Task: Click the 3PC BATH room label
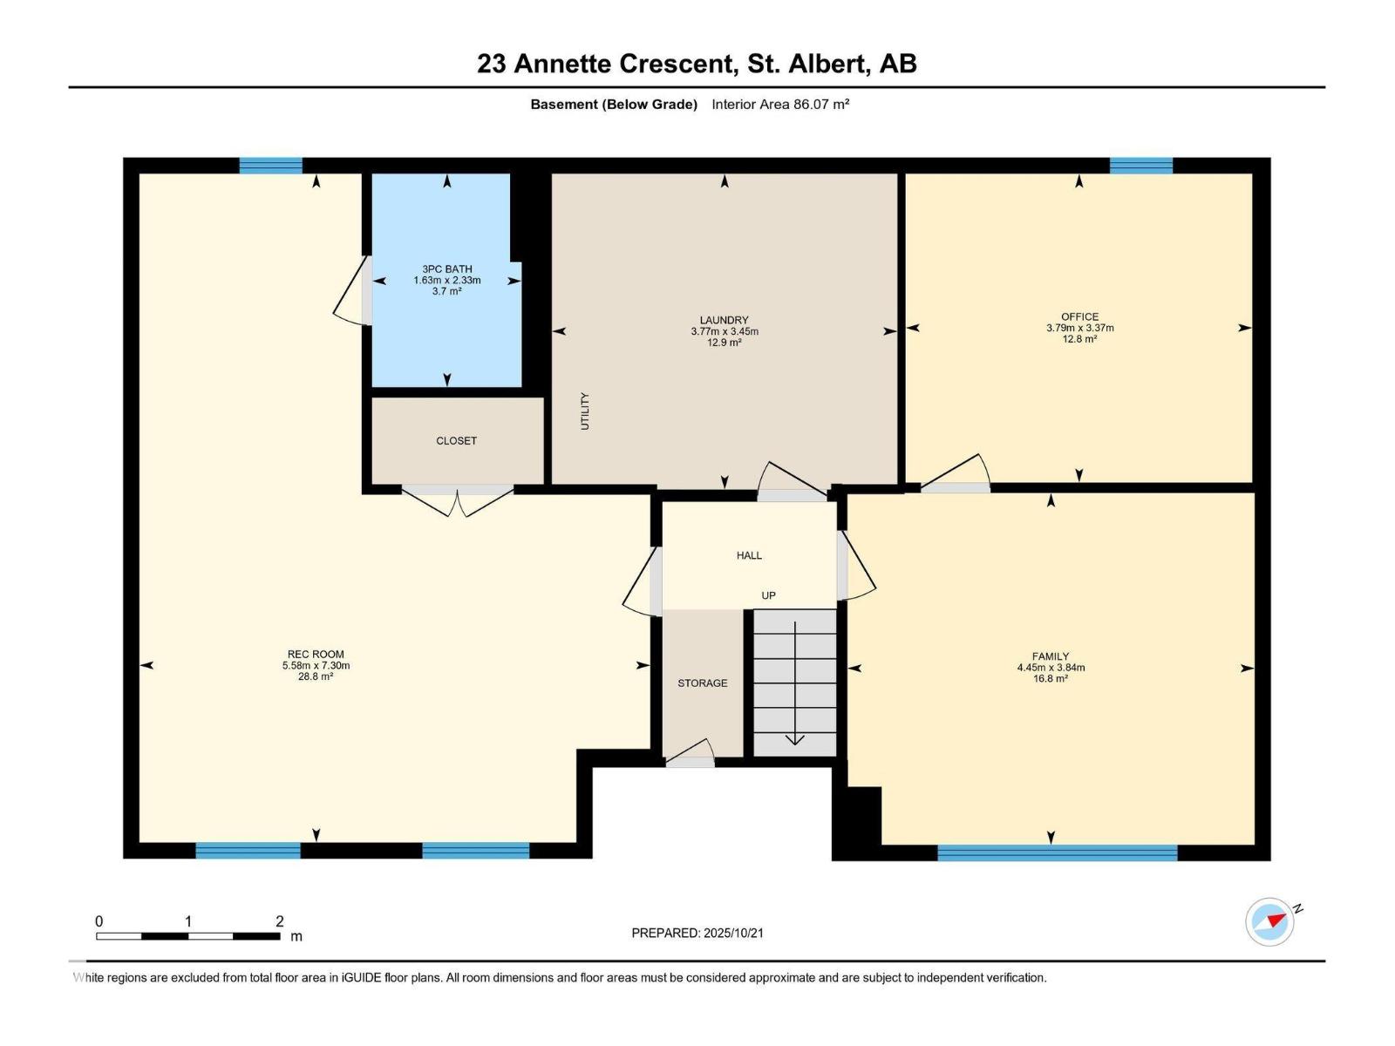click(x=446, y=269)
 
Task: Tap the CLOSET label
click(x=456, y=441)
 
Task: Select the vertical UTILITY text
click(x=585, y=411)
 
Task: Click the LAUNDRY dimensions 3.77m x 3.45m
click(x=724, y=332)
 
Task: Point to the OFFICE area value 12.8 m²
click(x=1079, y=340)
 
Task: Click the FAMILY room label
click(x=1050, y=656)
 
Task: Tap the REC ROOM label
click(x=316, y=655)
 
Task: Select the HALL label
click(x=749, y=555)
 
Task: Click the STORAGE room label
click(x=702, y=683)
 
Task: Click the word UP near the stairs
click(x=768, y=596)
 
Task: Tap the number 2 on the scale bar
click(x=279, y=921)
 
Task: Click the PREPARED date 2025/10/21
click(x=732, y=933)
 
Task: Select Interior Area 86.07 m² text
click(x=780, y=105)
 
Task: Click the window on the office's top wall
click(x=1140, y=166)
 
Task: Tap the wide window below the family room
click(x=1057, y=852)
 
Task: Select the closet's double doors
click(x=458, y=499)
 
